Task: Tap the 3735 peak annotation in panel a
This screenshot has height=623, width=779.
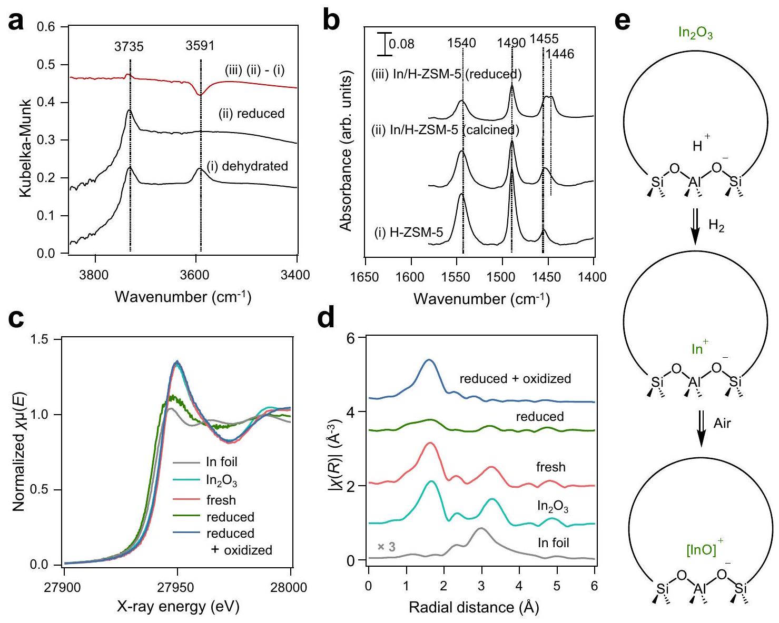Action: point(129,47)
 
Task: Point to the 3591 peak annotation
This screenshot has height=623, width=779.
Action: point(200,46)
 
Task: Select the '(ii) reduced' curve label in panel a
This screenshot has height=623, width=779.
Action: point(251,114)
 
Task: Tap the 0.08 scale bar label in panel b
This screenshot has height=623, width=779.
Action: point(401,44)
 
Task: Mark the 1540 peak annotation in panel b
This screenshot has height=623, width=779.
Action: point(462,43)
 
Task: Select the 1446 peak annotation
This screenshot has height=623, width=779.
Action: point(560,54)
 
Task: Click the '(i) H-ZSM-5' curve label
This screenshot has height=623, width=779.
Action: point(409,232)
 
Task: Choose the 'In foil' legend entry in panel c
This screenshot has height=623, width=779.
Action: point(221,462)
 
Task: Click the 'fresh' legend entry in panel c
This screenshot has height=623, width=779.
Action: point(221,500)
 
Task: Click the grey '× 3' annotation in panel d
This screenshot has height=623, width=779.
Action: point(386,547)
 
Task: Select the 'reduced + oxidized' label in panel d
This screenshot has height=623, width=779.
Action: point(515,378)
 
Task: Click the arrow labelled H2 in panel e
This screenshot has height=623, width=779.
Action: point(695,226)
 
